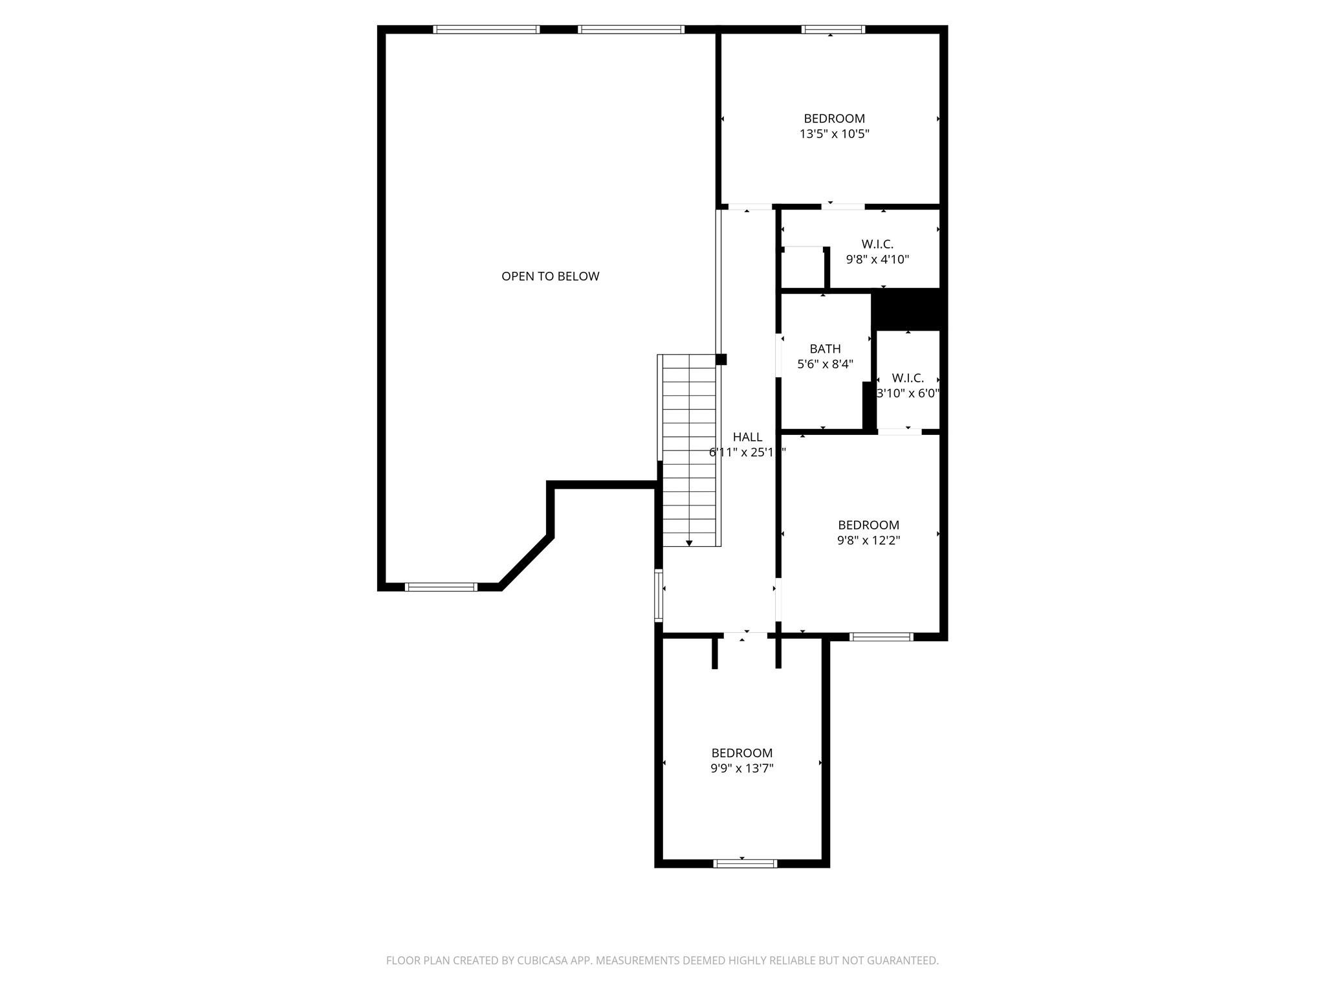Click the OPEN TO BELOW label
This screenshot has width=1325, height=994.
[550, 276]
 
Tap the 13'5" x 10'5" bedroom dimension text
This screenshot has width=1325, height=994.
[834, 135]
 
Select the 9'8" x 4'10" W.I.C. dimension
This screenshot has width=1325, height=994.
[877, 260]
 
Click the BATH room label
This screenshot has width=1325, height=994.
[825, 349]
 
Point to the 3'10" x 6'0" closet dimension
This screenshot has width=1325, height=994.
[908, 393]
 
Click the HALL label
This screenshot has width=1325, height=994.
[747, 437]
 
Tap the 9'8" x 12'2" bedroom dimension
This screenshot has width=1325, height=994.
[868, 540]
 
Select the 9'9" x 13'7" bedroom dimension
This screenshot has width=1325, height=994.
[742, 769]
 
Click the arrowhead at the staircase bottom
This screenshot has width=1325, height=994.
[689, 543]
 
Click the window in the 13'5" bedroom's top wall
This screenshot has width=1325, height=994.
[833, 29]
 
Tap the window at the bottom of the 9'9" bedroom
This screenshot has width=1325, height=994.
[745, 863]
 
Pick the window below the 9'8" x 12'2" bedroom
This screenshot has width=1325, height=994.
[881, 637]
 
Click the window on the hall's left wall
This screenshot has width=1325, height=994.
[659, 595]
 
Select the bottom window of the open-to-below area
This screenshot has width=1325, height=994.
[441, 587]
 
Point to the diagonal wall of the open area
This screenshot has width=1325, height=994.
[525, 562]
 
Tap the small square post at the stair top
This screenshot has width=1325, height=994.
[721, 359]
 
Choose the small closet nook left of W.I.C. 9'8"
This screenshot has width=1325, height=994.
[803, 268]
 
